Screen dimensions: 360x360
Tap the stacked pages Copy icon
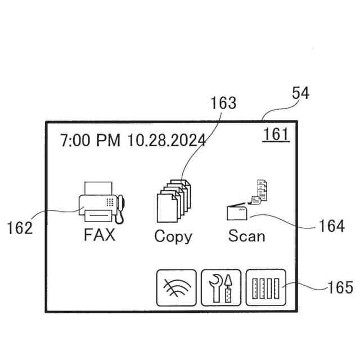tap(173, 201)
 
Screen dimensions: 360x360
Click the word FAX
tap(100, 235)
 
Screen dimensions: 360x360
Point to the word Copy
tap(173, 236)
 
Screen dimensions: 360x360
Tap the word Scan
tap(246, 235)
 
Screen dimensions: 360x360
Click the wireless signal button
tap(176, 287)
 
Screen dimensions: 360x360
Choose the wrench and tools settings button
tap(221, 287)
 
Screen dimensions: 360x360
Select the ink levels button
tap(265, 287)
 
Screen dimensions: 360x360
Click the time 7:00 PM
tap(90, 141)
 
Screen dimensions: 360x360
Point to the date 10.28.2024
tap(166, 141)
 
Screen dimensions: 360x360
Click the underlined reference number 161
tap(276, 134)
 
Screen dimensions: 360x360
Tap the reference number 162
tap(20, 228)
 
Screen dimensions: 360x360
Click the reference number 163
tap(223, 103)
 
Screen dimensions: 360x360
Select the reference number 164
tap(331, 226)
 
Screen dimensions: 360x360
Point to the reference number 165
tap(340, 287)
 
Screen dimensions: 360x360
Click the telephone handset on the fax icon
tap(120, 208)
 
